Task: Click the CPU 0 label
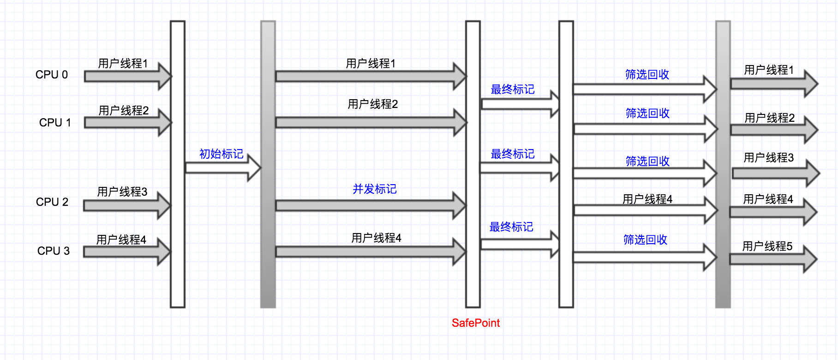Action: pos(52,75)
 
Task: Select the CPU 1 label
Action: pos(55,123)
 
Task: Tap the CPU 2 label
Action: pos(52,202)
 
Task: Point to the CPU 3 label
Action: pos(54,251)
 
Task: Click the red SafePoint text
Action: pos(475,323)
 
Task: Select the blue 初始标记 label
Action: pos(221,154)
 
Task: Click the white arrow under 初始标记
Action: pos(217,168)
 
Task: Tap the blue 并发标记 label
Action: pos(374,189)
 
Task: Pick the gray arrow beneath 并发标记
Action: pos(365,205)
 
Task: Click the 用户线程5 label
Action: pos(767,246)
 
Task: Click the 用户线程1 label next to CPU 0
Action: pos(123,64)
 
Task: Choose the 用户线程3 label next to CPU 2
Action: pos(122,192)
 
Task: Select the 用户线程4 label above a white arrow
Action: pos(647,199)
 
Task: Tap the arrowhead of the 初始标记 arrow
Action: pos(254,168)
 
